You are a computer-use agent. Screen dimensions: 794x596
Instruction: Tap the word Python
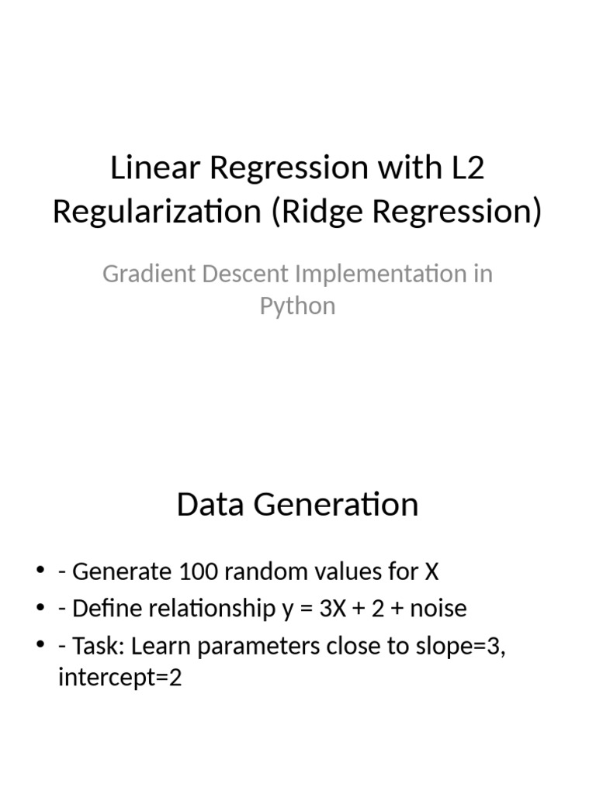tap(297, 306)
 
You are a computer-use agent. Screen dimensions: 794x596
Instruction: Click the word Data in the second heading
tap(206, 505)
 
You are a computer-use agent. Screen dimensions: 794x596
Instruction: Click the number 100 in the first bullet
tap(201, 572)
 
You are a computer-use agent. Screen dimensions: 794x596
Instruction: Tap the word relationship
tap(201, 609)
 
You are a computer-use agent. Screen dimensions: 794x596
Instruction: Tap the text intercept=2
tap(120, 680)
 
